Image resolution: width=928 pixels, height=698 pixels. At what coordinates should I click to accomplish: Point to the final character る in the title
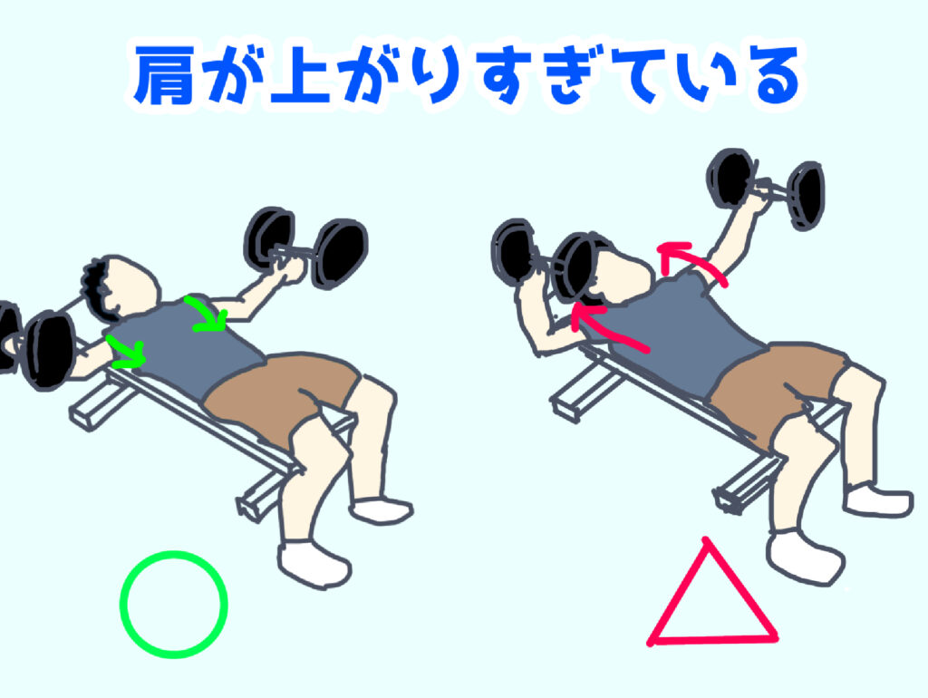tap(771, 77)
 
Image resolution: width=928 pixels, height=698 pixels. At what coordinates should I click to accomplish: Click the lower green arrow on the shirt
tap(127, 353)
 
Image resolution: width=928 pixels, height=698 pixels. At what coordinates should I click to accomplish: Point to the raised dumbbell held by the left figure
tap(304, 247)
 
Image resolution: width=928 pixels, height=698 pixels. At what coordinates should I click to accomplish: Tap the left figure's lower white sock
tap(314, 562)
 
